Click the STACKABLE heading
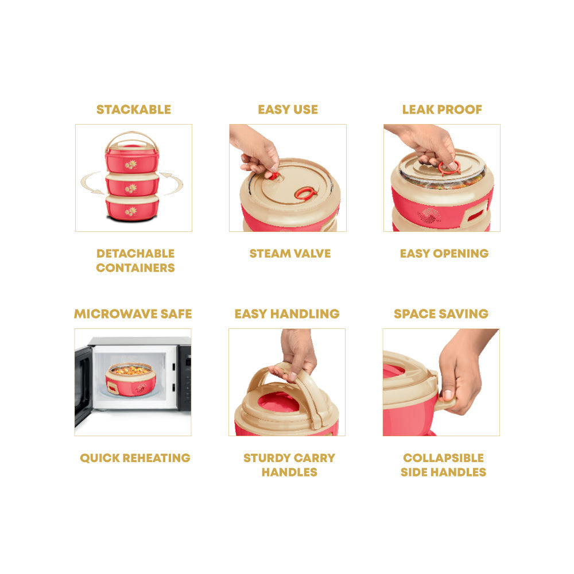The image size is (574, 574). point(133,110)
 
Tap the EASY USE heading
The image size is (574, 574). point(288,110)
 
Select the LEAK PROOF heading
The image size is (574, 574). point(442,110)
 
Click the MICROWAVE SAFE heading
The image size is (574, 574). point(133,314)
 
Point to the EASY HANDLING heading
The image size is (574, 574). point(287,314)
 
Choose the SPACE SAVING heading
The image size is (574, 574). point(441,314)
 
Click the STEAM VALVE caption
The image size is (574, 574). point(290,253)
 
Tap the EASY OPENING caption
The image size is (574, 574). point(444,253)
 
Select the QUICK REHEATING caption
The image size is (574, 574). point(135,458)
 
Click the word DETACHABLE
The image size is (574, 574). point(135,253)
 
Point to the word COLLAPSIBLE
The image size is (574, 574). point(443,458)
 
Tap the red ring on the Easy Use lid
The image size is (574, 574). point(306,193)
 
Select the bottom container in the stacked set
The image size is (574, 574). point(132,208)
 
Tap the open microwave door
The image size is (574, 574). point(83,385)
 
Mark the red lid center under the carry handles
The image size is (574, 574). point(278,402)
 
